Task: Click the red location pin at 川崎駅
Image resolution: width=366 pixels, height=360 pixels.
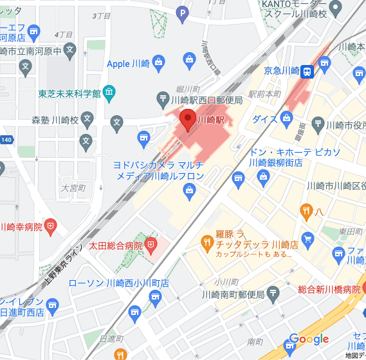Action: coord(188,119)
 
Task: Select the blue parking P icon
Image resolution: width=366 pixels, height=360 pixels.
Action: coord(183,12)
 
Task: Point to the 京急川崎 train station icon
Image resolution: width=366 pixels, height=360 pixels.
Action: coord(307,71)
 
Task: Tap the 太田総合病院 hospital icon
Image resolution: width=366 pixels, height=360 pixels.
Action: coord(151,245)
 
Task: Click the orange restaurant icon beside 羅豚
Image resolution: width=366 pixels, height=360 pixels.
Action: coord(207,242)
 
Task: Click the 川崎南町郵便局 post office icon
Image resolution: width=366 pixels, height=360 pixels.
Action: coord(273,294)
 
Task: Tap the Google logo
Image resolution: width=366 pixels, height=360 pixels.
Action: coord(309,339)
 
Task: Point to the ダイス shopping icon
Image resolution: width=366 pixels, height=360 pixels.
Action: coord(287,118)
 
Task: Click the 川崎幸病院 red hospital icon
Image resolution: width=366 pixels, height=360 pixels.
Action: coord(51,226)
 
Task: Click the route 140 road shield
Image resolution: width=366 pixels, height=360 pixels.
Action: coord(6,139)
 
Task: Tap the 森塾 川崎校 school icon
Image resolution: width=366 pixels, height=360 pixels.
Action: coord(87,119)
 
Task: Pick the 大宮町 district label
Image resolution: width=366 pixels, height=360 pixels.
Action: coord(73,188)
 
